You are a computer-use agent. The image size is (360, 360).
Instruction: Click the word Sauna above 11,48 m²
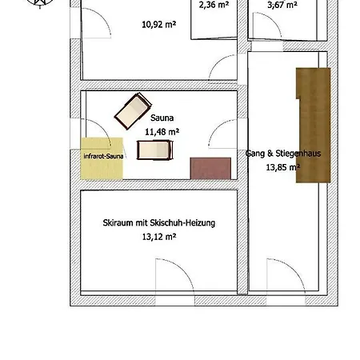pyautogui.click(x=162, y=118)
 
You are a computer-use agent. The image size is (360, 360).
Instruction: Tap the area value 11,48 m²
pyautogui.click(x=162, y=132)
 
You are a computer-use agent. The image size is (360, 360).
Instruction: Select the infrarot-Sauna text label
pyautogui.click(x=103, y=156)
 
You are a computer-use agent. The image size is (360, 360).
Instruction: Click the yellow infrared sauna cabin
pyautogui.click(x=102, y=158)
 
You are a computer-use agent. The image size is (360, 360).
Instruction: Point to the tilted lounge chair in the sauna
pyautogui.click(x=133, y=111)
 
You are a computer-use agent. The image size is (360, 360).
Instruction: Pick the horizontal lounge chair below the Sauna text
pyautogui.click(x=154, y=150)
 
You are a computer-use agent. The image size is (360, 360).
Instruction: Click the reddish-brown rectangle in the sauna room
pyautogui.click(x=210, y=168)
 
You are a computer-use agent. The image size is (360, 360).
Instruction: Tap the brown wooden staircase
pyautogui.click(x=314, y=126)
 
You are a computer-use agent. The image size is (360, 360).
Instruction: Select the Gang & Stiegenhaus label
pyautogui.click(x=283, y=154)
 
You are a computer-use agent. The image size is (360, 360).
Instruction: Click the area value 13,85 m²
pyautogui.click(x=283, y=167)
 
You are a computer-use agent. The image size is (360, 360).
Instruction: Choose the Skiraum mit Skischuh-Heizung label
pyautogui.click(x=159, y=222)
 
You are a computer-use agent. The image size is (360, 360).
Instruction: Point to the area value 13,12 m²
pyautogui.click(x=159, y=237)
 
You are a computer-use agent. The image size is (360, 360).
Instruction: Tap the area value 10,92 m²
pyautogui.click(x=159, y=25)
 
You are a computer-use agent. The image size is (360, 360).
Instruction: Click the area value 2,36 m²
pyautogui.click(x=214, y=5)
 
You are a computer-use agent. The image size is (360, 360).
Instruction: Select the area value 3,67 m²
pyautogui.click(x=282, y=5)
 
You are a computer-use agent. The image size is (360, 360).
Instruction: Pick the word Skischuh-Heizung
pyautogui.click(x=182, y=222)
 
